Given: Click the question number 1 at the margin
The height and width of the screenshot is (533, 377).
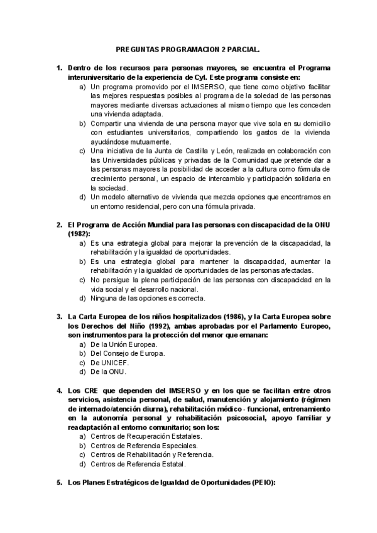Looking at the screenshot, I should tap(58, 68).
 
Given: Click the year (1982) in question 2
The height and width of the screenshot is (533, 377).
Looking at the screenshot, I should tap(80, 233).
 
